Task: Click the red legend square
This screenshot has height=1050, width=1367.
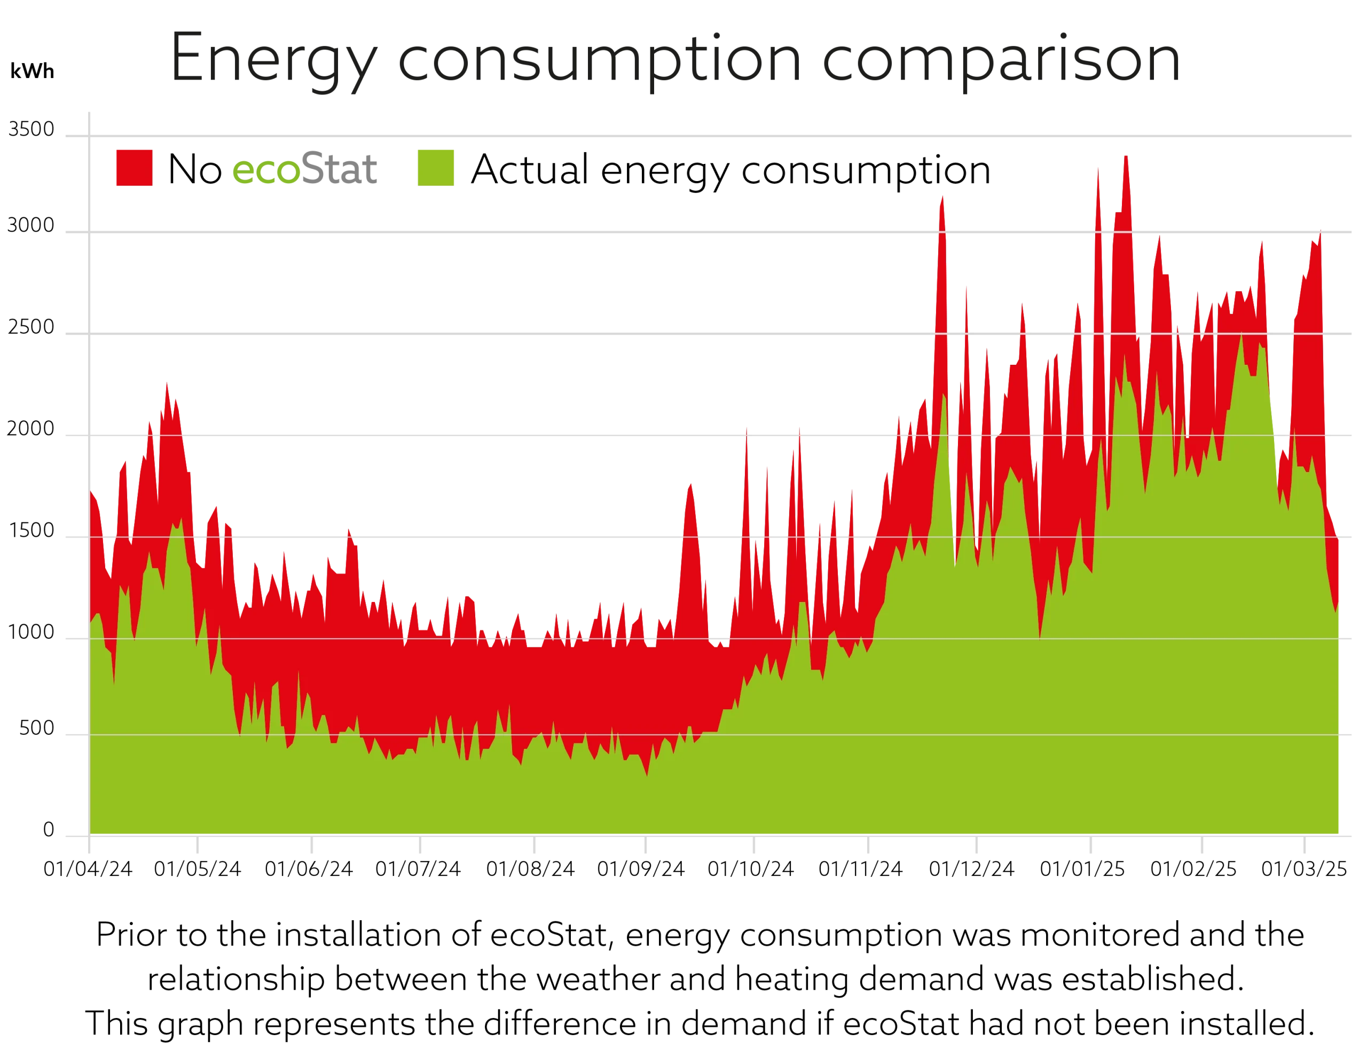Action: point(133,167)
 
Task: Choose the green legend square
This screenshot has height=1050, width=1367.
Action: point(436,167)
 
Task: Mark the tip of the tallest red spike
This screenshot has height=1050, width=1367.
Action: point(1126,155)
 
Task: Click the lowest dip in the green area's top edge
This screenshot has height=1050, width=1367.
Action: point(647,775)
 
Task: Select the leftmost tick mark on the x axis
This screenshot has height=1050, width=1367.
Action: point(89,845)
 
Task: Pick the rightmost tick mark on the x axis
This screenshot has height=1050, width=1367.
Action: point(1304,845)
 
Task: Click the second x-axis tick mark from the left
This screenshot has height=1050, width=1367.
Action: point(196,845)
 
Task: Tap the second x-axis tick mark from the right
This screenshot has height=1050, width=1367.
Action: point(1203,845)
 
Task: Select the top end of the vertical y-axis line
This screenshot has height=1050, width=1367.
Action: point(89,114)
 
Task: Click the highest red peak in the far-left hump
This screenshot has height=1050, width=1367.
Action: point(166,382)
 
